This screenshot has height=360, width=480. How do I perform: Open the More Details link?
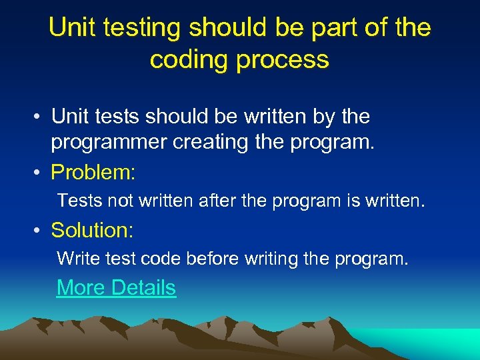pyautogui.click(x=117, y=288)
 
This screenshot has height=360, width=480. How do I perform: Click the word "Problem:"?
pyautogui.click(x=93, y=173)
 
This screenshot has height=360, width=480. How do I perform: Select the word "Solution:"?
pyautogui.click(x=93, y=231)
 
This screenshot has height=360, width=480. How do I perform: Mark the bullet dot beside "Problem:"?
pyautogui.click(x=41, y=173)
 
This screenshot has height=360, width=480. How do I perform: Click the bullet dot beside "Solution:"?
pyautogui.click(x=41, y=231)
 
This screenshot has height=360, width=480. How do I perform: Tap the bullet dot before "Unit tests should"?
pyautogui.click(x=41, y=117)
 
